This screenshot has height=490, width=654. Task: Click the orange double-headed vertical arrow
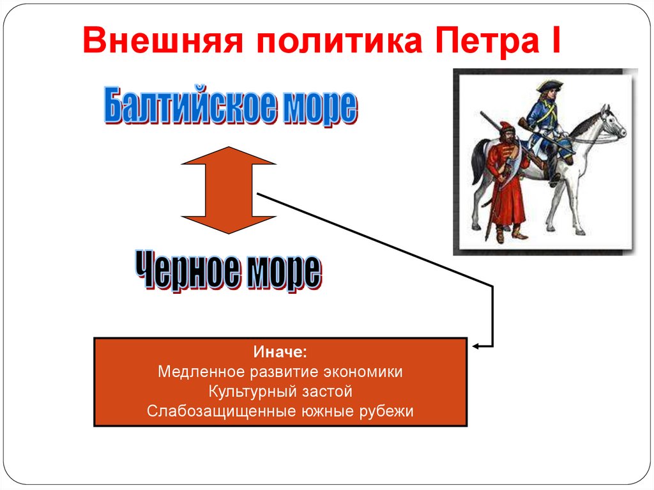click(229, 190)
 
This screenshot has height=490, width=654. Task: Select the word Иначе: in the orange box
click(280, 352)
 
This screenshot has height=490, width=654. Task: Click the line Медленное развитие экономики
click(280, 372)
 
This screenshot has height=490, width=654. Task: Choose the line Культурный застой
click(280, 391)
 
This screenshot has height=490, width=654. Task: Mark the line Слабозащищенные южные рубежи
click(280, 411)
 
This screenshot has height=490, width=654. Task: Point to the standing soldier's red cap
click(506, 126)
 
